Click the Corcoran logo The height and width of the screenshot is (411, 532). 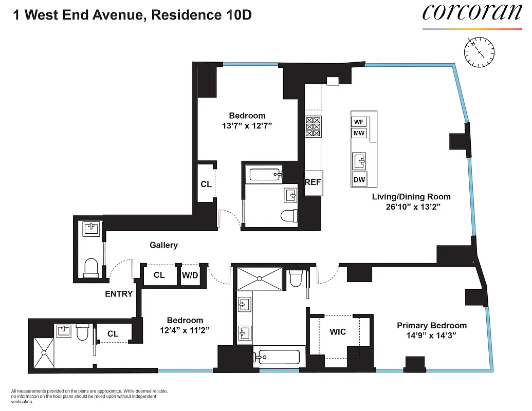(x=472, y=13)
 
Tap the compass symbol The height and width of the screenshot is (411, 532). (x=479, y=53)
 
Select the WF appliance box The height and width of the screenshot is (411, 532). (x=359, y=122)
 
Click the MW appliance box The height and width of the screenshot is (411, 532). (x=359, y=134)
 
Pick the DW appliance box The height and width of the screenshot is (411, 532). (x=359, y=179)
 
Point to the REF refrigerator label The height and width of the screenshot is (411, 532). (x=313, y=182)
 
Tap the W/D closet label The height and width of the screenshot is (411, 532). (x=189, y=275)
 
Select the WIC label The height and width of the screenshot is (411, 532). (x=338, y=332)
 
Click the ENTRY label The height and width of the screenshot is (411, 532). (x=119, y=294)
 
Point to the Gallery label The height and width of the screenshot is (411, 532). (x=163, y=245)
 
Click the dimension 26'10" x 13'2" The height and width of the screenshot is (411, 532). (x=411, y=207)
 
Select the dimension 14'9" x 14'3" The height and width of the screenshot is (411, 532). (x=432, y=335)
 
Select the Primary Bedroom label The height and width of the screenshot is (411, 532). (x=432, y=325)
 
